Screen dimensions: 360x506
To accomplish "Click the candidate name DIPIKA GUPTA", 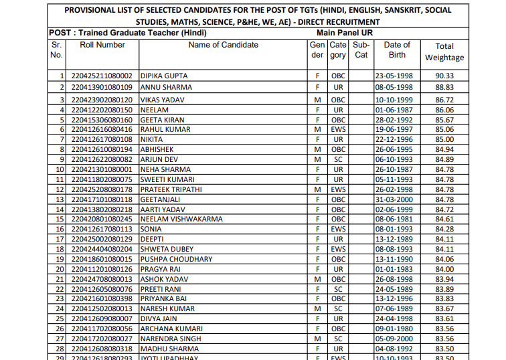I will pyautogui.click(x=164, y=76).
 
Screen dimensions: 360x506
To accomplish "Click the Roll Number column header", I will pyautogui.click(x=102, y=45).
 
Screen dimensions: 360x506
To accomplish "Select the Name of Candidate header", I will pyautogui.click(x=223, y=45).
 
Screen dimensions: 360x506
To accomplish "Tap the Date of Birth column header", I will pyautogui.click(x=397, y=50).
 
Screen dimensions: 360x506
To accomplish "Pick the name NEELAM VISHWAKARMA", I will pyautogui.click(x=181, y=219).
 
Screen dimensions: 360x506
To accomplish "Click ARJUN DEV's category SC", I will pyautogui.click(x=338, y=160).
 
